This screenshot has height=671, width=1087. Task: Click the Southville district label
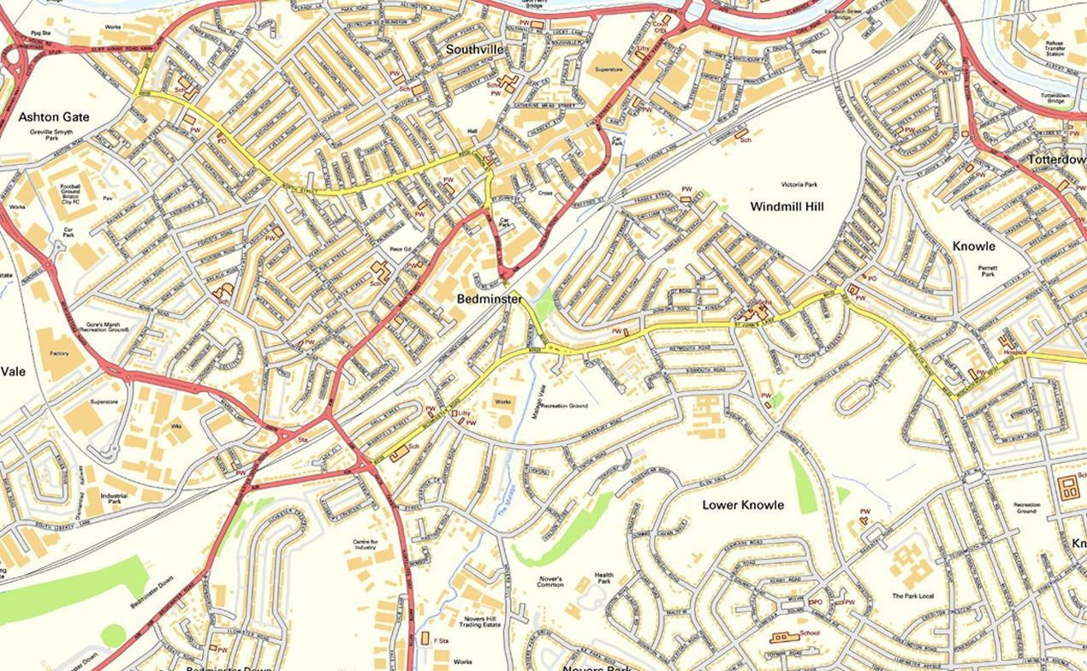(474, 50)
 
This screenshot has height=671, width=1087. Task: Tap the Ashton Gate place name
(54, 116)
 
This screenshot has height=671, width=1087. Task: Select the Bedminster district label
(490, 299)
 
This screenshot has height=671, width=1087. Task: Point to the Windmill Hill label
(787, 206)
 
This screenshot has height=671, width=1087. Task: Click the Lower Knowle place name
(743, 505)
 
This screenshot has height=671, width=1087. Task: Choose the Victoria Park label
(799, 184)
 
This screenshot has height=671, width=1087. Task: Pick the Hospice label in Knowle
(1014, 351)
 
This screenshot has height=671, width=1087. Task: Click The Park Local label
(910, 596)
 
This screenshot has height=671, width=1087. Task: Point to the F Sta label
(443, 640)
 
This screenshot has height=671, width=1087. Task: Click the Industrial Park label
(114, 500)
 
